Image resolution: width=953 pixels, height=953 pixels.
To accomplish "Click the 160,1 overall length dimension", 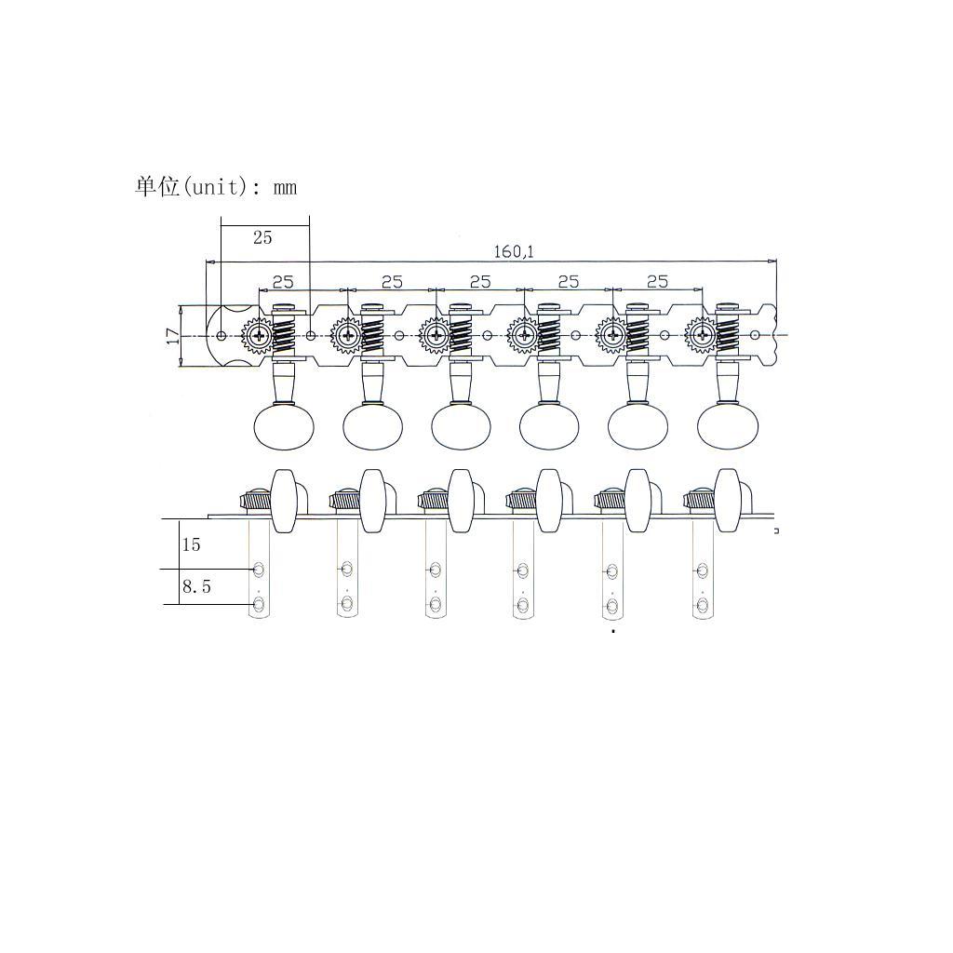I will coord(514,251).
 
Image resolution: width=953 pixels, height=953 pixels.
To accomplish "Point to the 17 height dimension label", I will coord(173,336).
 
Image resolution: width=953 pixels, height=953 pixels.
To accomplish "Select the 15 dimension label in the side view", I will coord(191,544).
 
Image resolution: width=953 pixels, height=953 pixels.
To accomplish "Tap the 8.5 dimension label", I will coord(196,587).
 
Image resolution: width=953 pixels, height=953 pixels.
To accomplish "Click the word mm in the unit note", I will coord(285,187).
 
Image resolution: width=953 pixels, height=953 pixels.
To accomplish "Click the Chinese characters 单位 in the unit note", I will coord(156,186).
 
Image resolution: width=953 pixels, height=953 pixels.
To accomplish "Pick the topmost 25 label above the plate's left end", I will coord(262,237).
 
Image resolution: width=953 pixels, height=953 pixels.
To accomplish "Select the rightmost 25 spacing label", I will coord(657,281).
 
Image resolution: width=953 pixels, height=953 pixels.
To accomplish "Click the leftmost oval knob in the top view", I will coord(284,426).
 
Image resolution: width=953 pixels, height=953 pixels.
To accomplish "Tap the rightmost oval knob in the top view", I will coord(727,426).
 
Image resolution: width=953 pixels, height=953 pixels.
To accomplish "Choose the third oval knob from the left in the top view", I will coord(461,426).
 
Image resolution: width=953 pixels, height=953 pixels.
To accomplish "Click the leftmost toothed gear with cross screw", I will coord(257,334).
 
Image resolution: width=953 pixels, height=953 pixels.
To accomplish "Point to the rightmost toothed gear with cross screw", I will coord(700,334).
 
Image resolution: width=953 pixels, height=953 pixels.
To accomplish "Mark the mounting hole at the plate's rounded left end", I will coord(221,335).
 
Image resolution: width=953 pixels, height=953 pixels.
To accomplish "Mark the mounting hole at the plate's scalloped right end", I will coord(755,335).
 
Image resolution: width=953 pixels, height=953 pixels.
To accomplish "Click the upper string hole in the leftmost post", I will coord(260,569).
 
